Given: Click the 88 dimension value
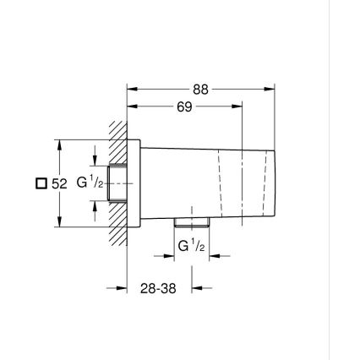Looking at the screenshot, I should pyautogui.click(x=199, y=89).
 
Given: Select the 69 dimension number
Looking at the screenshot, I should pyautogui.click(x=184, y=106).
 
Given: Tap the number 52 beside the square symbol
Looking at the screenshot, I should pyautogui.click(x=58, y=183).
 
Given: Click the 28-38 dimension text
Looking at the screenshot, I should pyautogui.click(x=158, y=288).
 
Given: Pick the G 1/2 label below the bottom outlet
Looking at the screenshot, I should pyautogui.click(x=190, y=246).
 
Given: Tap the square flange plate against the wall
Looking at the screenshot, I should pyautogui.click(x=133, y=183).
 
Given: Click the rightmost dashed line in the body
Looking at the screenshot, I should pyautogui.click(x=265, y=182).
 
